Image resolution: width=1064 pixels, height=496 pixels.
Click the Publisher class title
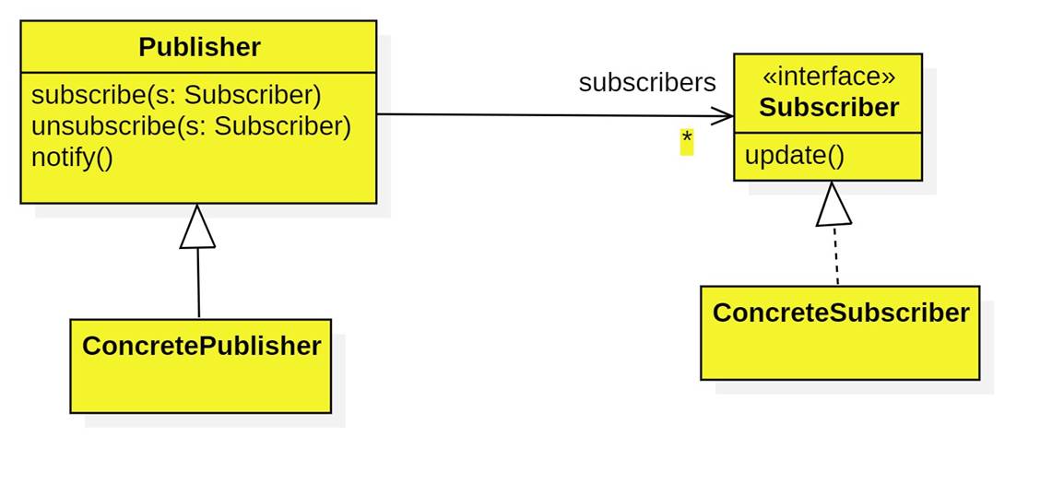coord(199,47)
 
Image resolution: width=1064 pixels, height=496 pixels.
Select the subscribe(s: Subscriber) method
coord(176,96)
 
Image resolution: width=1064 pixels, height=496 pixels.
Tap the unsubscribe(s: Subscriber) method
coord(191,126)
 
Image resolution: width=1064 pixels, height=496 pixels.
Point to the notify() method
coord(72,157)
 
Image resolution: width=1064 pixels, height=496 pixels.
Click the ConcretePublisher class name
coord(201,346)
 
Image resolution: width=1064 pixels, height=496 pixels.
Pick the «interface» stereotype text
coord(828,77)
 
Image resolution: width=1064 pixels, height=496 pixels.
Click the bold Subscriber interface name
coord(828,108)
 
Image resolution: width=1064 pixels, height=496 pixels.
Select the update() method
coord(794,156)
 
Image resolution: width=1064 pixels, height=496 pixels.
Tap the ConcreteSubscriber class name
coord(840,313)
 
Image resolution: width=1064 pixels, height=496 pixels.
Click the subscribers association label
coord(646,83)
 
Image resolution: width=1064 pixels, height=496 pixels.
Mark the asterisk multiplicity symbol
coord(686,140)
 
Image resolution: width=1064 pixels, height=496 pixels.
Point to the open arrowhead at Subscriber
coord(725,116)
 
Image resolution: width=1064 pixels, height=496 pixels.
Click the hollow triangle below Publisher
coord(197,229)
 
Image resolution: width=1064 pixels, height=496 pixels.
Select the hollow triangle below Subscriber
coord(833,207)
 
